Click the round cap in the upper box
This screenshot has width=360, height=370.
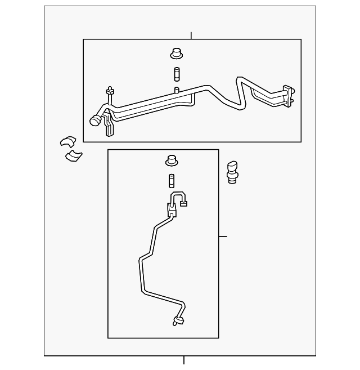click(x=177, y=54)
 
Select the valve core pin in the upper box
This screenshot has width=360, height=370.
click(x=177, y=74)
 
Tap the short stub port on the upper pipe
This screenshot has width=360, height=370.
click(x=177, y=90)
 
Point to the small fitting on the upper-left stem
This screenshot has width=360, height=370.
click(x=110, y=92)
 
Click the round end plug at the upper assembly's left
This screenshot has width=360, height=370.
click(x=96, y=120)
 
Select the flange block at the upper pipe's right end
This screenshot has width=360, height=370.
click(x=289, y=96)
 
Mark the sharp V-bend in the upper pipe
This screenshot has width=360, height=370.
click(x=242, y=104)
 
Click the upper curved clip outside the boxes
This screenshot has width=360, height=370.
click(x=68, y=142)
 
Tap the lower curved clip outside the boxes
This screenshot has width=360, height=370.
click(x=73, y=155)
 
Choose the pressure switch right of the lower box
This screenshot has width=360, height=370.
click(x=232, y=171)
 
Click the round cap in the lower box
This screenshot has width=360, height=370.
click(x=172, y=161)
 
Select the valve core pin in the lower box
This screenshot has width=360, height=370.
click(x=172, y=181)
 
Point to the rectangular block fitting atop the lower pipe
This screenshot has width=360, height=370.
click(x=172, y=209)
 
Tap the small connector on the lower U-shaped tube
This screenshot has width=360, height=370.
click(x=184, y=204)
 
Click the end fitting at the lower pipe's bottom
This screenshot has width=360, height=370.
click(x=179, y=321)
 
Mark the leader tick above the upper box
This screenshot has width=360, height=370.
click(x=191, y=36)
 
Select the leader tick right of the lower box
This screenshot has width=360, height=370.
click(x=223, y=237)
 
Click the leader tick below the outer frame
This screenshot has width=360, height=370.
click(x=184, y=360)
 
